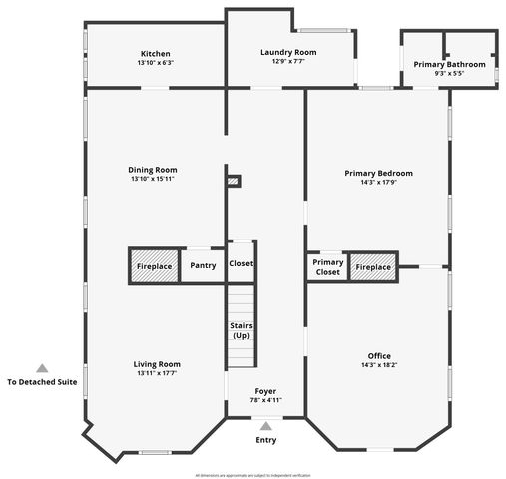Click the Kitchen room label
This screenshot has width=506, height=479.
pos(155,53)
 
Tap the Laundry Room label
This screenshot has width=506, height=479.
pos(288,52)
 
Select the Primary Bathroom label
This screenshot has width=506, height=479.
pos(449,64)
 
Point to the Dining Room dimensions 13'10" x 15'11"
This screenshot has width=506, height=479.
pos(153,180)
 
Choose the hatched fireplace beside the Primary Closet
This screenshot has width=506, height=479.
pos(373,267)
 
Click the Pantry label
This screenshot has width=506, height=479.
pos(203,265)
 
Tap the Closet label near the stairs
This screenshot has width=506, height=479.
pos(241,264)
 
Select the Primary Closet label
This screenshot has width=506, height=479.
pos(327,267)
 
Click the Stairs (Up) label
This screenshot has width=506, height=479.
pos(241,330)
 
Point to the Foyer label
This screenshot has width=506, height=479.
pos(265,391)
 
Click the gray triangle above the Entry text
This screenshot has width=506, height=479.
pos(265,425)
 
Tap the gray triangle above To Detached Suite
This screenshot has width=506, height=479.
pos(42,367)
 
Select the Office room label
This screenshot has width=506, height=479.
pos(378,356)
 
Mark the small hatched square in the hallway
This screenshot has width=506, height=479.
pos(234,181)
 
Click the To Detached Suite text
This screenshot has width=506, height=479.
pos(42,382)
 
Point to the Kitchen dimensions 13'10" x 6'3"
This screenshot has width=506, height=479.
pos(155,63)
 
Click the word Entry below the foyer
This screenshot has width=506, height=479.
pos(266,440)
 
